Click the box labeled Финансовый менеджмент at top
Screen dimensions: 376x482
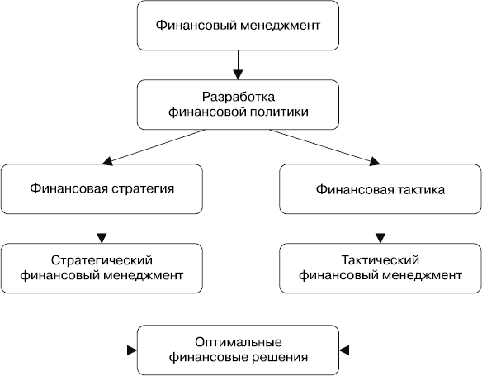pos(237,26)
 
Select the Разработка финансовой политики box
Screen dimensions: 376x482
pos(237,103)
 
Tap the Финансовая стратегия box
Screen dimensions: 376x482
pos(102,188)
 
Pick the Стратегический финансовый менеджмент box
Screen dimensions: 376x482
pos(102,267)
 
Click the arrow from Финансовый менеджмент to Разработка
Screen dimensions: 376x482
pos(237,62)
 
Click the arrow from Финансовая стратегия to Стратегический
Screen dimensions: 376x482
pos(102,226)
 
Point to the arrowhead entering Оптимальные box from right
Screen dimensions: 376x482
pos(344,350)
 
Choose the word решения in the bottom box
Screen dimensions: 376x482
pos(279,358)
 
